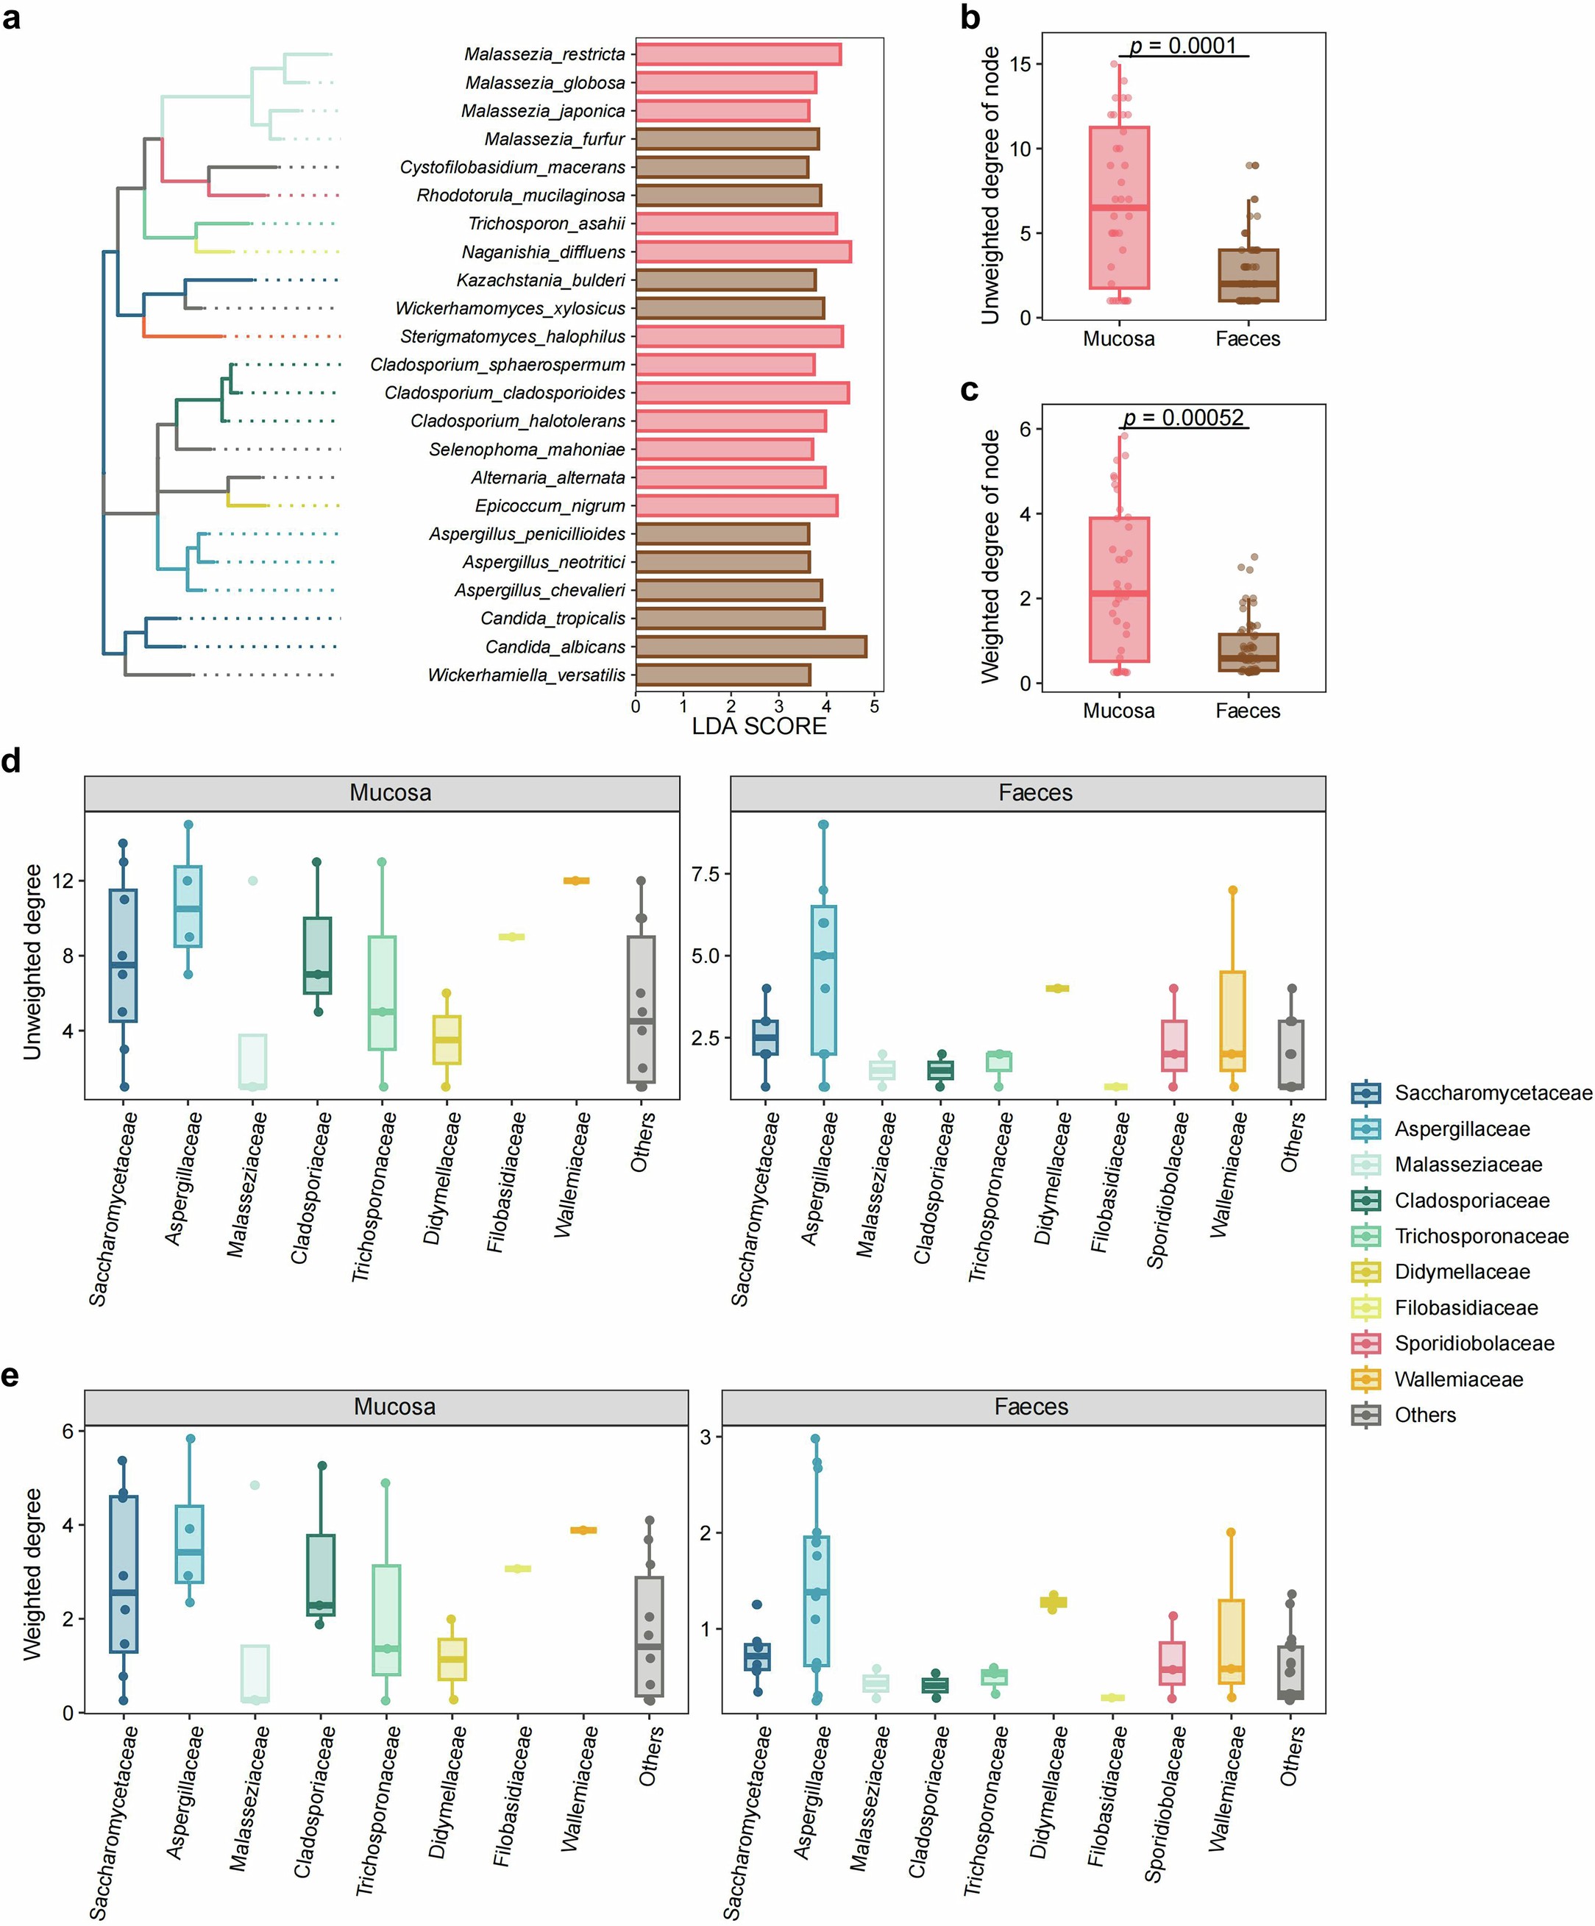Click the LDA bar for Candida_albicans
(x=750, y=647)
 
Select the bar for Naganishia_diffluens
(x=743, y=252)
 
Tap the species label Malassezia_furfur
(x=554, y=138)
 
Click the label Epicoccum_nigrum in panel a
(x=550, y=505)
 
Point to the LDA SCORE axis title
(x=759, y=726)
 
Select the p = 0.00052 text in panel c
(x=1183, y=417)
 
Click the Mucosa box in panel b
(x=1119, y=208)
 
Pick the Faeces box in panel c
(x=1248, y=652)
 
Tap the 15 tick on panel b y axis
(x=1019, y=64)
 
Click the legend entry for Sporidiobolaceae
(x=1473, y=1343)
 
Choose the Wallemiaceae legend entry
(x=1457, y=1379)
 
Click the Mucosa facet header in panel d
(x=390, y=793)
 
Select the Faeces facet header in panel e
(x=1031, y=1407)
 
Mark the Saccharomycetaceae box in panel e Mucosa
(x=123, y=1575)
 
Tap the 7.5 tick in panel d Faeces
(x=704, y=874)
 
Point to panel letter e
(x=11, y=1376)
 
